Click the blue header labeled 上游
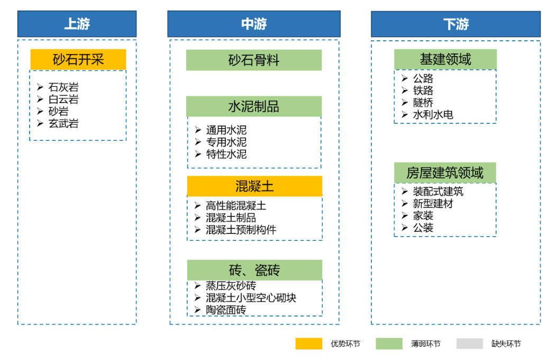tap(77, 24)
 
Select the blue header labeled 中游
tap(254, 24)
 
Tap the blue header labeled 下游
tap(456, 24)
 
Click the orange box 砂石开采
tap(78, 59)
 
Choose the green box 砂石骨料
tap(254, 60)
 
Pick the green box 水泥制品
tap(254, 106)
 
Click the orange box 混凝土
tap(255, 186)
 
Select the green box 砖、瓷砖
tap(255, 270)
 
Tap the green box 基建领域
tap(445, 59)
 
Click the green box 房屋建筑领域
tap(445, 173)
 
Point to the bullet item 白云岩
tap(63, 100)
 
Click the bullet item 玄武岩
tap(63, 124)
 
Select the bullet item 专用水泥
tap(226, 142)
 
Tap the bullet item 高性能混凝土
tap(236, 205)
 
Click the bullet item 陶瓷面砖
tap(226, 310)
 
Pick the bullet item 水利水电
tap(433, 114)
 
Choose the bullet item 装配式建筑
tap(438, 192)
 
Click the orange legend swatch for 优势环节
tap(309, 344)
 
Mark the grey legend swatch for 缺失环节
tap(470, 344)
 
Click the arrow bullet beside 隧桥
tap(405, 102)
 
